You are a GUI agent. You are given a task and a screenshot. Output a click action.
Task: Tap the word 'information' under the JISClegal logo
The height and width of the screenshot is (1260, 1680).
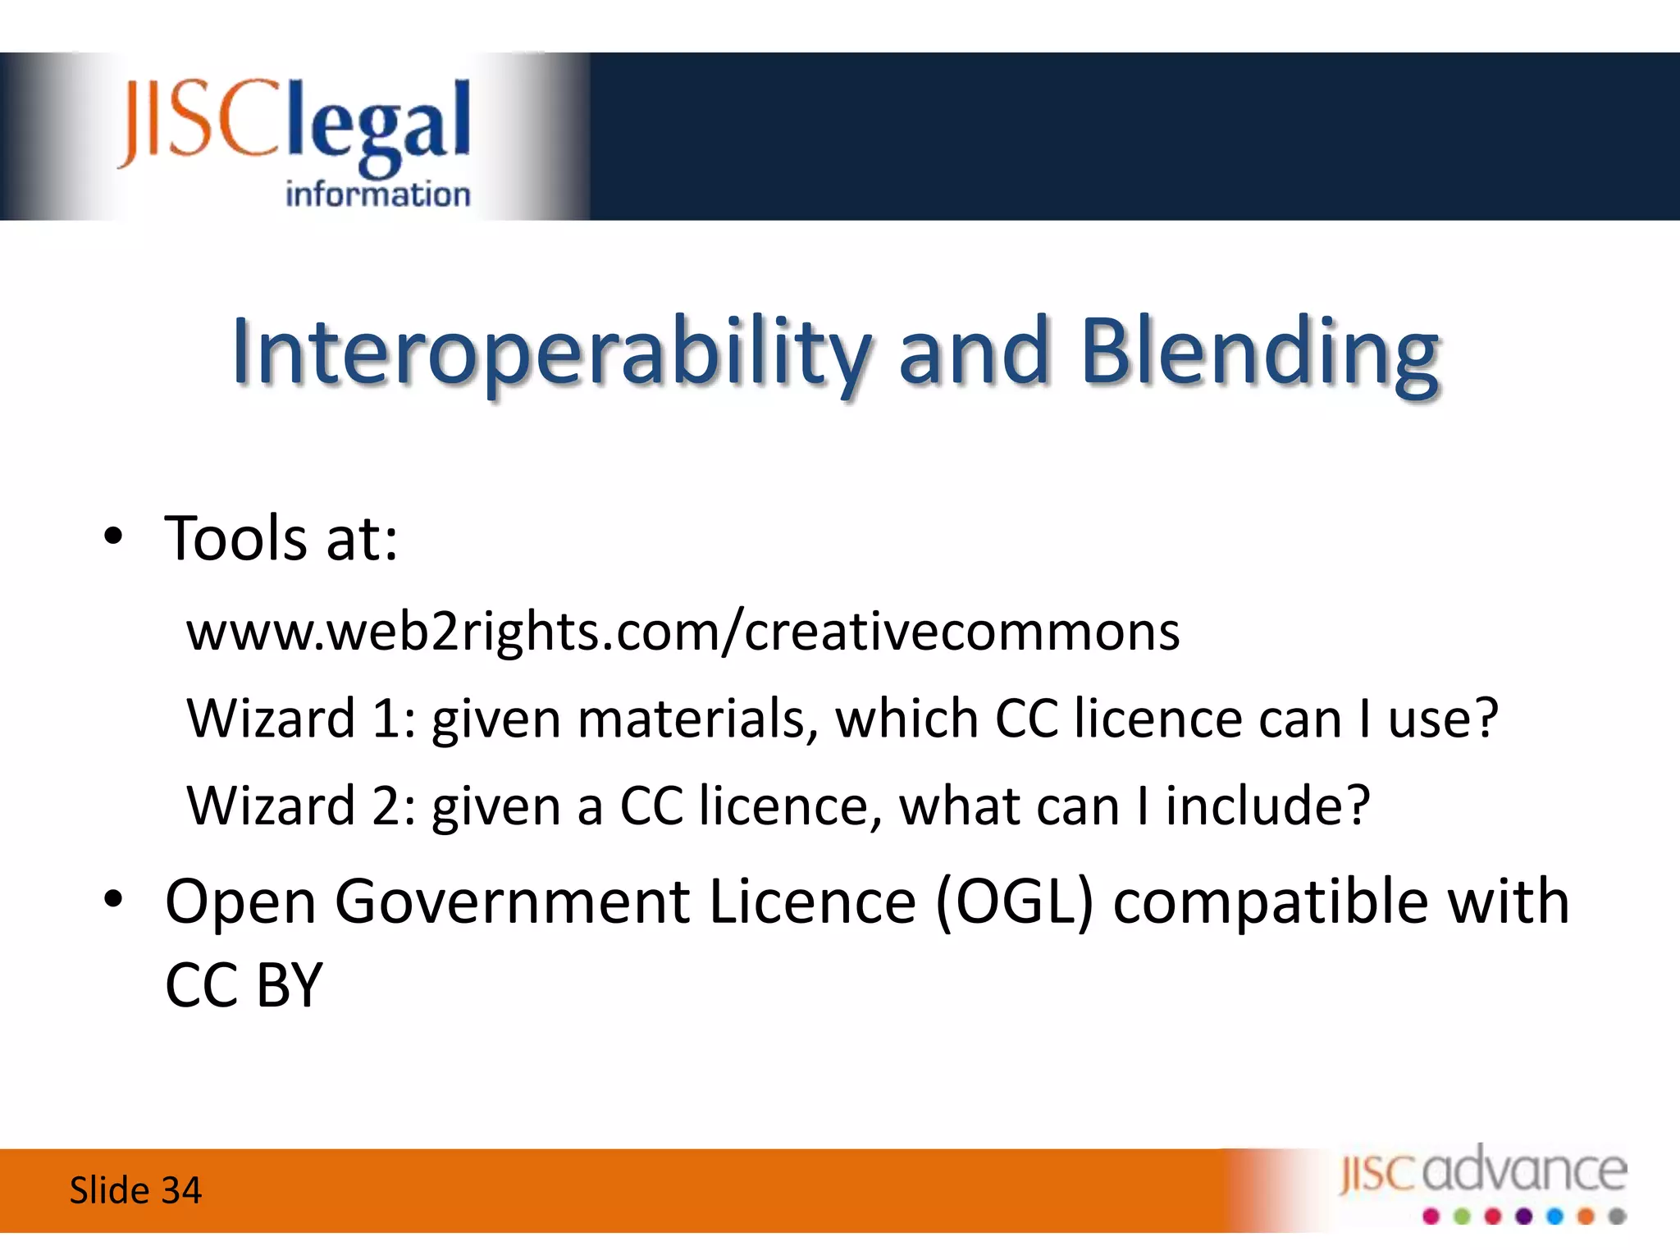[377, 195]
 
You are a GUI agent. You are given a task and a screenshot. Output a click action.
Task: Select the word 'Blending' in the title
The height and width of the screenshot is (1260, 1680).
[1259, 353]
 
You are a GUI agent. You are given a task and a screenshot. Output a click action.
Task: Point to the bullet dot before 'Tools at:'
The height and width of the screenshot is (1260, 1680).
[113, 537]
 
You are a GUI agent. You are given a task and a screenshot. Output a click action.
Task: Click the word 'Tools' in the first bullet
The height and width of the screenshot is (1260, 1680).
[236, 539]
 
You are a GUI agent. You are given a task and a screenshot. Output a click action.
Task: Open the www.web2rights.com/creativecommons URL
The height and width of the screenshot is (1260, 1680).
[682, 632]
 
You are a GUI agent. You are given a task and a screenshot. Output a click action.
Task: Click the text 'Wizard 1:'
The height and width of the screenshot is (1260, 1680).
[302, 719]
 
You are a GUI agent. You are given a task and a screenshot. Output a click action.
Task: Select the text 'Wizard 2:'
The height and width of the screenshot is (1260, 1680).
[302, 806]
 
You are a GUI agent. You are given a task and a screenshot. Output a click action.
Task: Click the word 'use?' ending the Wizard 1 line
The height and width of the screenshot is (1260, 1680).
[1443, 719]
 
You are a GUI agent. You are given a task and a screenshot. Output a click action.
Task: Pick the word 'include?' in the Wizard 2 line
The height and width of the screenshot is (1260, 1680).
[1267, 806]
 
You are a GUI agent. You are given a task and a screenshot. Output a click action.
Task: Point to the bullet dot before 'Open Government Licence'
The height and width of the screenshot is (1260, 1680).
[113, 900]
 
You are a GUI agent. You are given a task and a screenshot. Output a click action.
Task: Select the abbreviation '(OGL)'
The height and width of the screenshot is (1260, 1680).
[1015, 902]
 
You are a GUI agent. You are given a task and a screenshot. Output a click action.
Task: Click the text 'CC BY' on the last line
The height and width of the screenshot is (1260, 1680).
[244, 985]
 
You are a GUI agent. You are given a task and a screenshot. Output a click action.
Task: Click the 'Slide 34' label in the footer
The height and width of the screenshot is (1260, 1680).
[135, 1190]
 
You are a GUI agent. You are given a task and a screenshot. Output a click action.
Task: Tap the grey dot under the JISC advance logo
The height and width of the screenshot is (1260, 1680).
[1617, 1217]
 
